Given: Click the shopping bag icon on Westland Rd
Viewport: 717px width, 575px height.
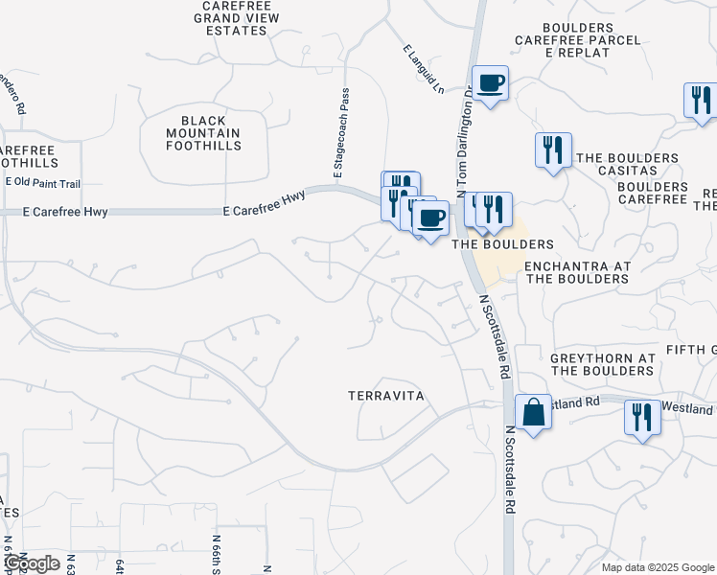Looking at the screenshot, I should (x=533, y=412).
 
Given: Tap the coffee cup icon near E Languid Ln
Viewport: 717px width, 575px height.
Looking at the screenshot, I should (x=490, y=84).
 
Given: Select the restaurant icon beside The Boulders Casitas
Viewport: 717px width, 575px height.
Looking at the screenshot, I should (x=553, y=150).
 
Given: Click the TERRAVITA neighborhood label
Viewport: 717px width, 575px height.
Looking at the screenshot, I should (x=386, y=395).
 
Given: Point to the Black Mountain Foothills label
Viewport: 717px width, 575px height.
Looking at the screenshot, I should (x=203, y=132).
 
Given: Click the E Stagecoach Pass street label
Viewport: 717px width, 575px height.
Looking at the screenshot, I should (x=338, y=133).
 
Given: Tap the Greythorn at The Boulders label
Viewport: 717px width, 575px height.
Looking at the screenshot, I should (x=602, y=364).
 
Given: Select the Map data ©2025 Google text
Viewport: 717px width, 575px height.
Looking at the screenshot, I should (x=658, y=567).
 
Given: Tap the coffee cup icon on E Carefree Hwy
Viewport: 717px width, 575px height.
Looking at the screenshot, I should (x=430, y=218).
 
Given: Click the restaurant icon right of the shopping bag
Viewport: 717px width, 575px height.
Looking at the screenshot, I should (x=642, y=417).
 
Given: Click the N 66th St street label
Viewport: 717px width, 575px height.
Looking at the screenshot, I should (x=218, y=555).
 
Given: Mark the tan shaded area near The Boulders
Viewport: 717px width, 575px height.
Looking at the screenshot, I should (x=502, y=258).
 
